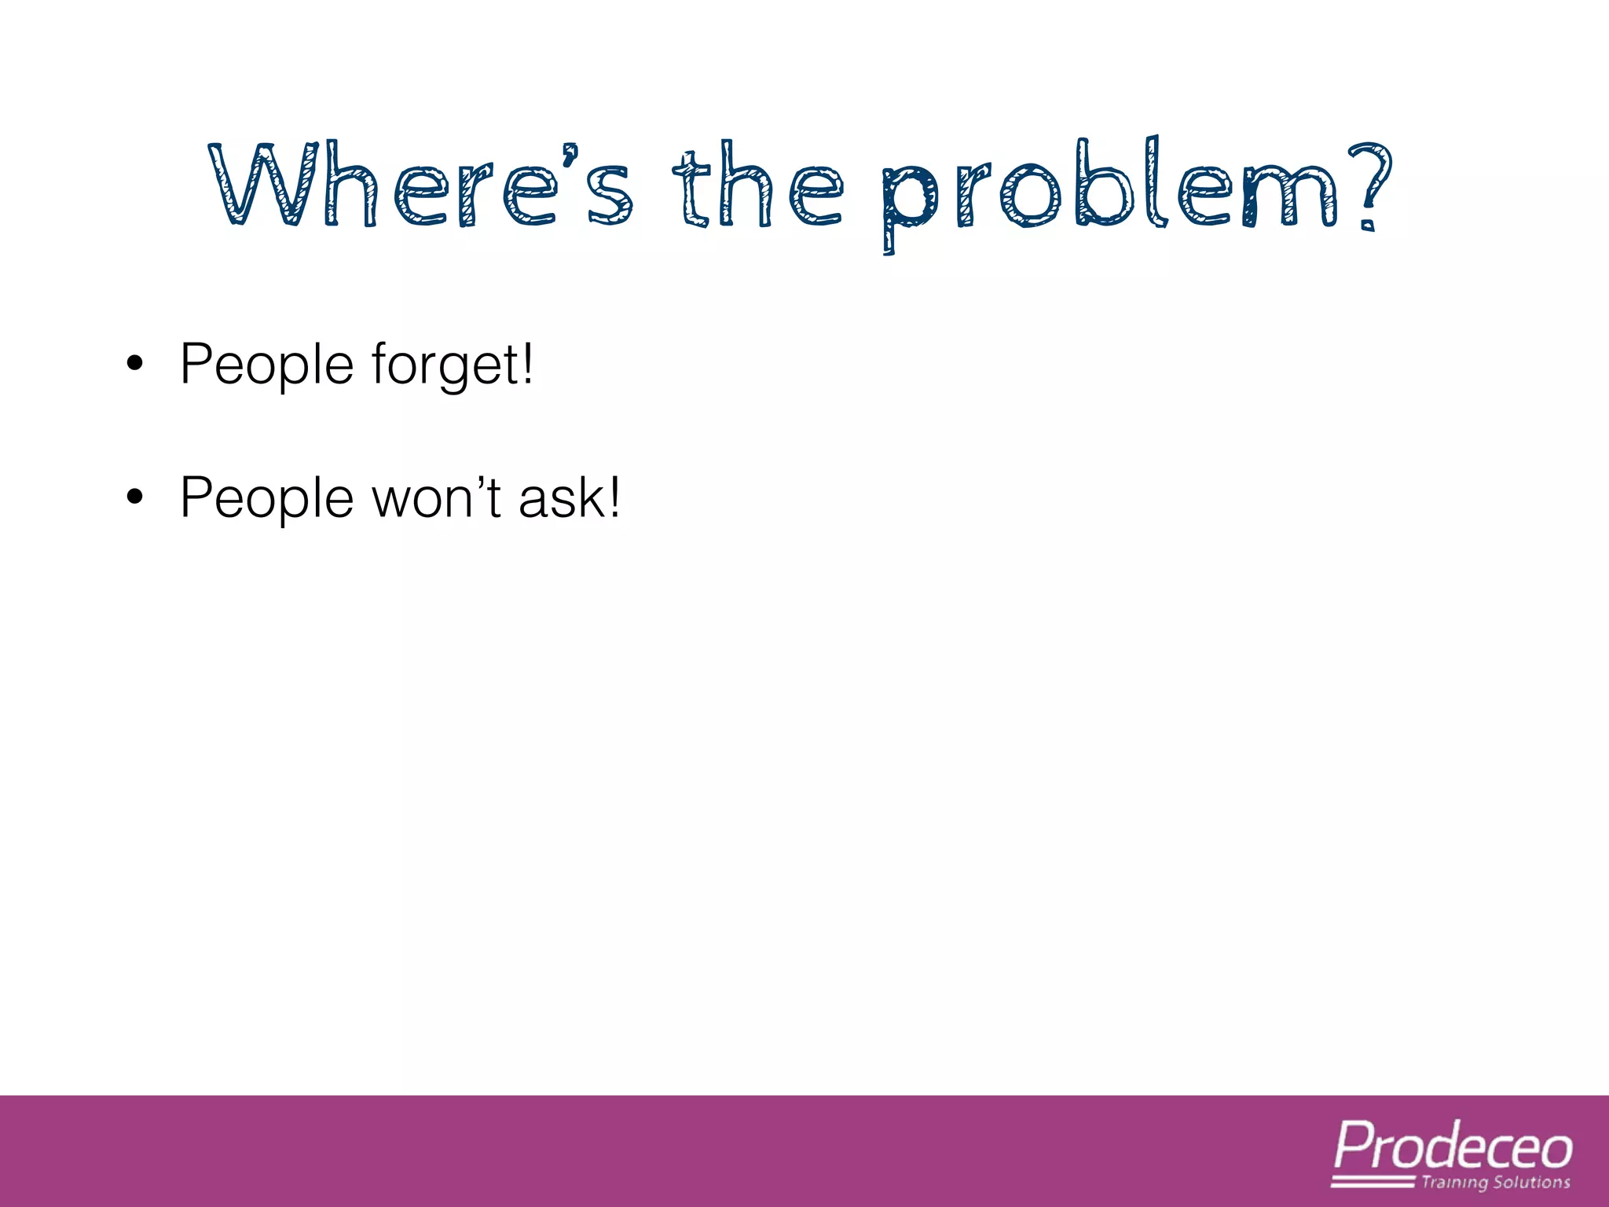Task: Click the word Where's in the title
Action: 421,187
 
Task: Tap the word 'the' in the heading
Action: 757,187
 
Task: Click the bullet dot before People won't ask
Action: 135,497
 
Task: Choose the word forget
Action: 444,365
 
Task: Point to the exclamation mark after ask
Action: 614,497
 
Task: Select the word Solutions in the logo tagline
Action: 1531,1183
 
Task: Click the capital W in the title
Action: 264,185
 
